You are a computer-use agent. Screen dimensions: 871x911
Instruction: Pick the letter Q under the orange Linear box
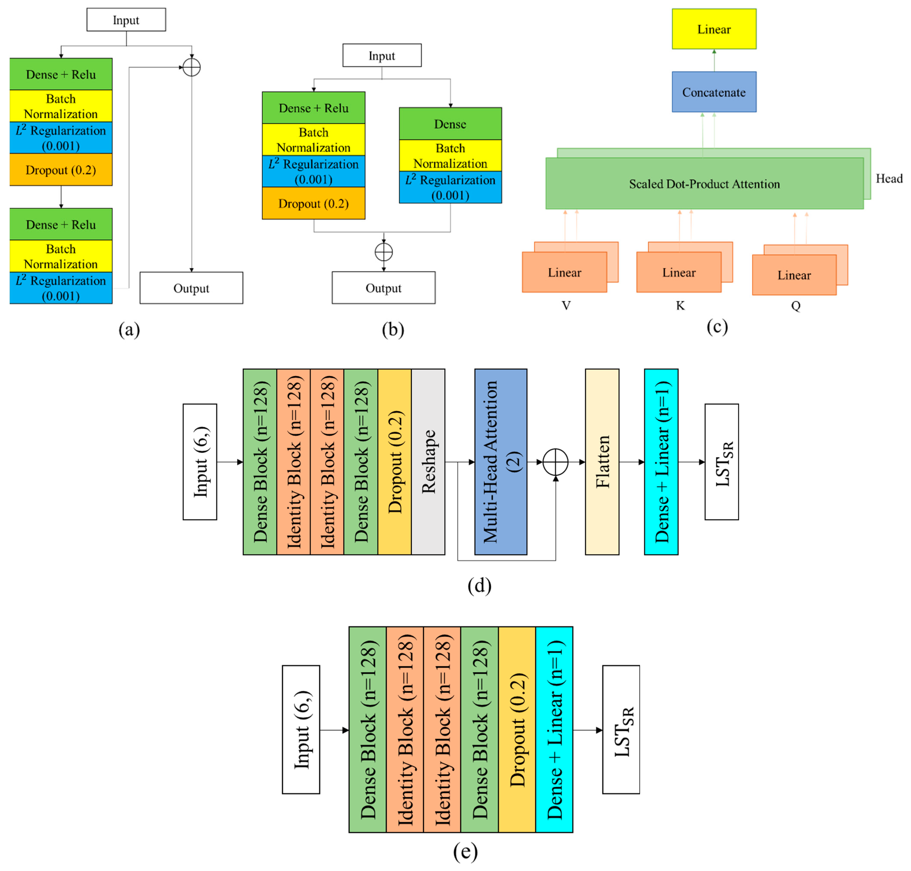click(x=795, y=306)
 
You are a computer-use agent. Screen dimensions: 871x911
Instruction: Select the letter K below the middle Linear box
click(x=680, y=306)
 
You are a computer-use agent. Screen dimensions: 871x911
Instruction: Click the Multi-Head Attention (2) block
click(x=500, y=462)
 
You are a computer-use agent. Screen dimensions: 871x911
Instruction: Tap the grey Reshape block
click(x=428, y=462)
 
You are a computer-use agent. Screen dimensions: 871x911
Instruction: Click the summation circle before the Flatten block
click(x=555, y=462)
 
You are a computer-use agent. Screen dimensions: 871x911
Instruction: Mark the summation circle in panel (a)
click(x=191, y=67)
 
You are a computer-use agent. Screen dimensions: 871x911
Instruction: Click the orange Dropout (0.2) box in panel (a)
click(x=61, y=170)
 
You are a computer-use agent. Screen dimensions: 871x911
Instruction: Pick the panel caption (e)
click(x=465, y=850)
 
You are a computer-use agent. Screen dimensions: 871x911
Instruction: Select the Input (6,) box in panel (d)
click(x=200, y=462)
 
